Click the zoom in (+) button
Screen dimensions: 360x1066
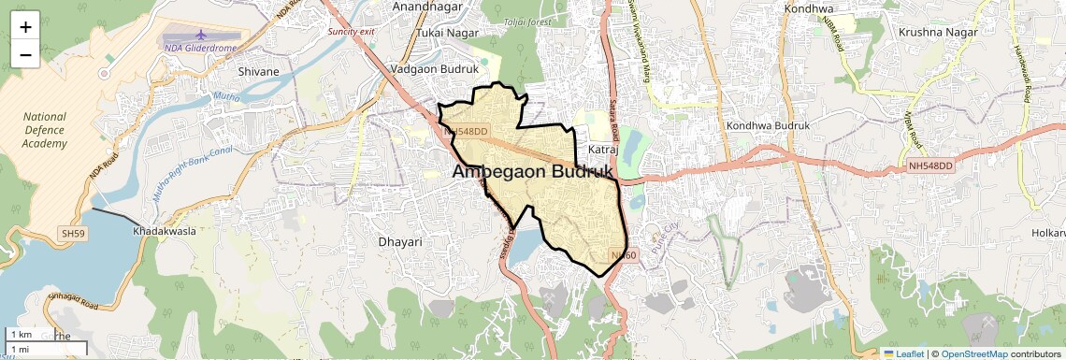[x=25, y=27]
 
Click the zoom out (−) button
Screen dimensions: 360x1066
[x=25, y=54]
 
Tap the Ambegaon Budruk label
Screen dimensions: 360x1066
[x=533, y=172]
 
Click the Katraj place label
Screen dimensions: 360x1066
[x=601, y=149]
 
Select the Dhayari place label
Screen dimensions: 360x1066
[x=400, y=241]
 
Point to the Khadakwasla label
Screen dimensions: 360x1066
[x=166, y=230]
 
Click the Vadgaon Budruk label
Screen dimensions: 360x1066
[x=434, y=69]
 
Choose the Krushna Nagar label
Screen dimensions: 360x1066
[x=937, y=32]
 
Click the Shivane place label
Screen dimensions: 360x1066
[x=259, y=71]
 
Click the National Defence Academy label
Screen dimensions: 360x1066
[x=45, y=130]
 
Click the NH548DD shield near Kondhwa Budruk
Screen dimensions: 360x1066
[x=929, y=166]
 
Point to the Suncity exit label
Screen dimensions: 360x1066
[x=351, y=31]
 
